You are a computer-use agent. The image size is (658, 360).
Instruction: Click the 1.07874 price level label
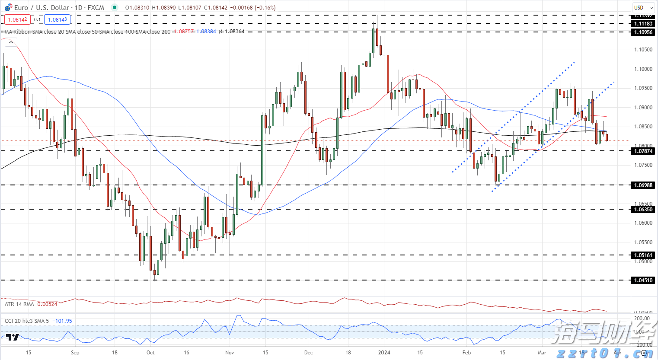[x=643, y=151]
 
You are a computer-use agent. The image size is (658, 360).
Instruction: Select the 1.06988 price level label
[x=643, y=185]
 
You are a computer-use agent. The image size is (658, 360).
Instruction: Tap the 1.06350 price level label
[x=643, y=210]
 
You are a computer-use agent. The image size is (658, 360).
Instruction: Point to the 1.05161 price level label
[x=643, y=255]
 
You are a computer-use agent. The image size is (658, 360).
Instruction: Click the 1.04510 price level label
[x=643, y=280]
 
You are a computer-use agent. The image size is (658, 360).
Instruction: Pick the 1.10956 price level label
[x=643, y=32]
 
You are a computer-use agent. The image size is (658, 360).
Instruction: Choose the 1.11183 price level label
[x=643, y=24]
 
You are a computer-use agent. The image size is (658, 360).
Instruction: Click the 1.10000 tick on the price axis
[x=643, y=69]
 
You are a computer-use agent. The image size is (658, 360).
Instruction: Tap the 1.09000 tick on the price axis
[x=643, y=108]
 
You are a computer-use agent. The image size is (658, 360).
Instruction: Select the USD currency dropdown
[x=642, y=7]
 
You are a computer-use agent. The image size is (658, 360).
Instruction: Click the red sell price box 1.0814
[x=17, y=19]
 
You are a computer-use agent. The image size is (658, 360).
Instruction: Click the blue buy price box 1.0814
[x=57, y=19]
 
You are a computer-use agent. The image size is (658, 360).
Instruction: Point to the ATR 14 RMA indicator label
[x=19, y=304]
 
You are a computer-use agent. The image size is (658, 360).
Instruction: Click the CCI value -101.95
[x=62, y=321]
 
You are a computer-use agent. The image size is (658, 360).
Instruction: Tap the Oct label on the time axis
[x=150, y=353]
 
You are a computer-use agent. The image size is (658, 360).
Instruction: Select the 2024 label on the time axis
[x=384, y=353]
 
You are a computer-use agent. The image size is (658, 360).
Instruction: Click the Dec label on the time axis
[x=309, y=353]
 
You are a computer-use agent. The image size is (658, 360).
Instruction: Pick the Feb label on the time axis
[x=466, y=353]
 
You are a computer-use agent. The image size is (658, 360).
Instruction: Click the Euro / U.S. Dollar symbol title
[x=59, y=7]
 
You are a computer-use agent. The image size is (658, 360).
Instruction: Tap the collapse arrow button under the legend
[x=11, y=42]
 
